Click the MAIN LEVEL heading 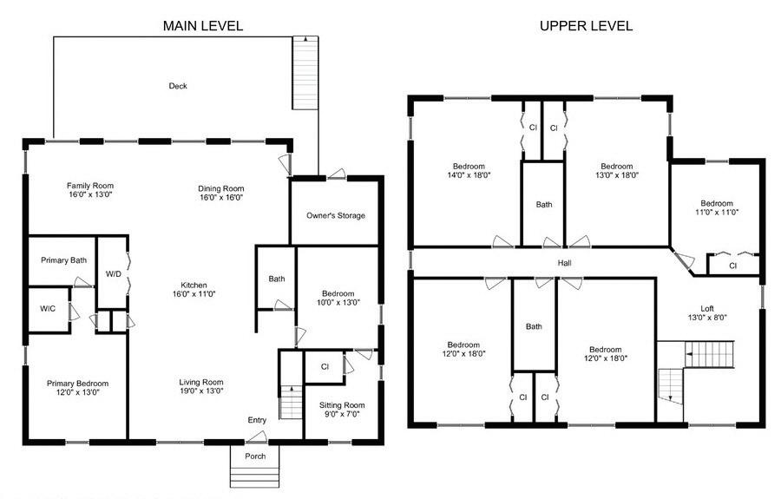click(x=203, y=26)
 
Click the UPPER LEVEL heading click(x=587, y=26)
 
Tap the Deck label click(x=178, y=86)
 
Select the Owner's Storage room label click(x=336, y=215)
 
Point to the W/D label click(x=114, y=274)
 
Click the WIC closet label click(x=48, y=309)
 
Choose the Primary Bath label click(x=63, y=260)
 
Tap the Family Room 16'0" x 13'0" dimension click(x=90, y=194)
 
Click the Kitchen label click(x=194, y=286)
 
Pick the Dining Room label click(x=221, y=188)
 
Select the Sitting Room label click(x=342, y=405)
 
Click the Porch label click(x=255, y=456)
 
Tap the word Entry click(x=257, y=420)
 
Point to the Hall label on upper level click(x=565, y=263)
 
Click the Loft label click(x=707, y=309)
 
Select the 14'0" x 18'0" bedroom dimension click(x=469, y=175)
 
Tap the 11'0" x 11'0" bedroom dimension click(x=717, y=212)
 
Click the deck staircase click(x=305, y=73)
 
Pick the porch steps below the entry click(x=255, y=477)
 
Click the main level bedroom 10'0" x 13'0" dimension click(x=338, y=302)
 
